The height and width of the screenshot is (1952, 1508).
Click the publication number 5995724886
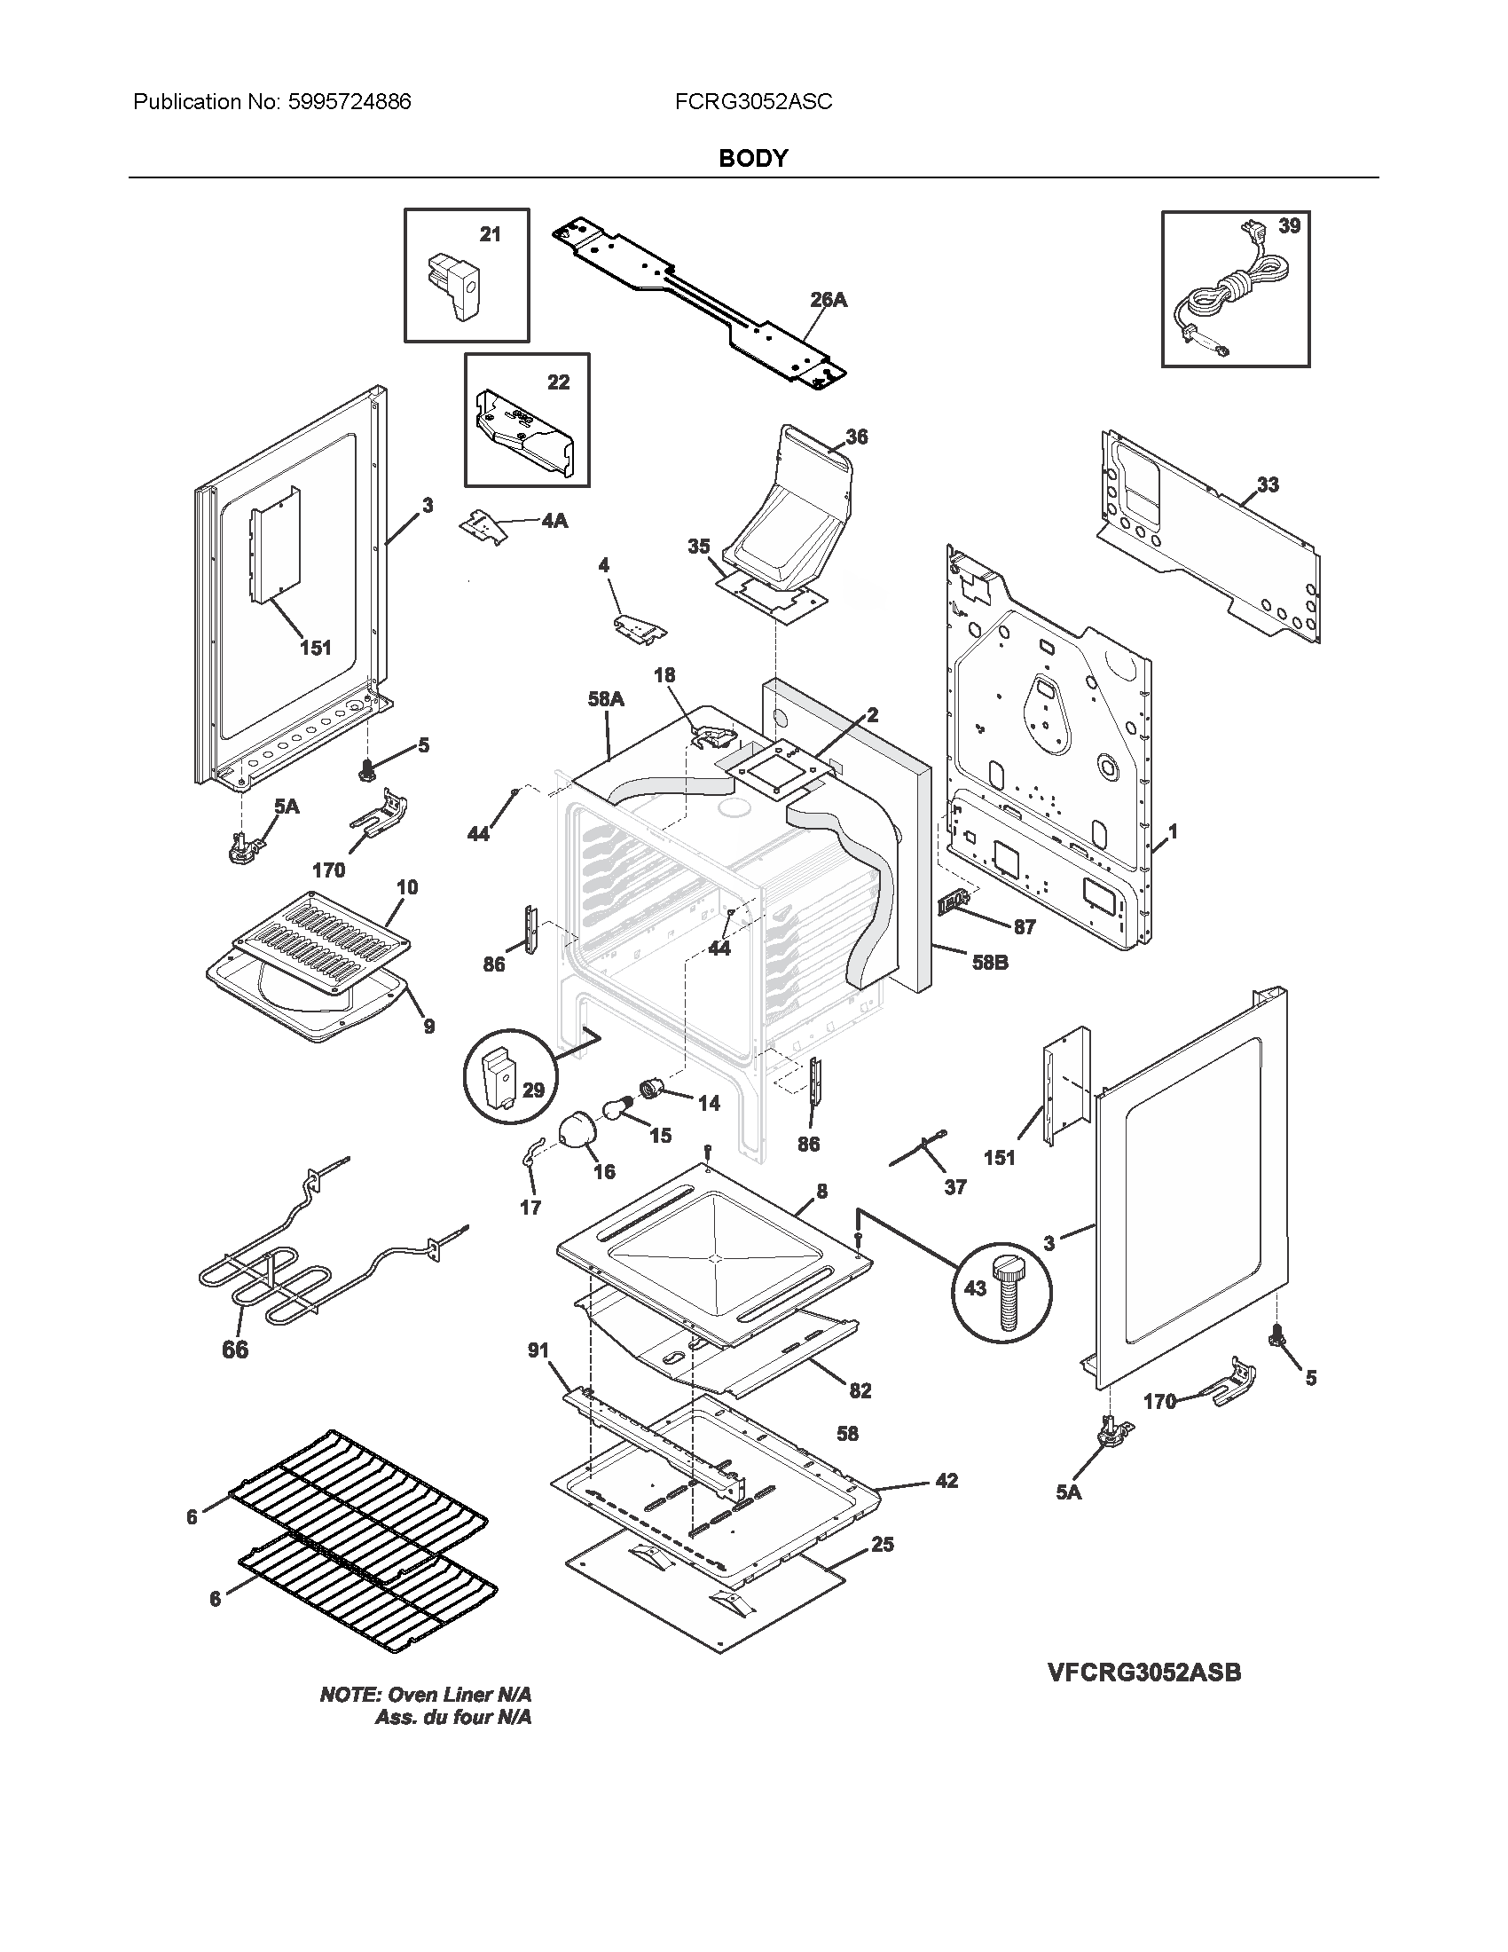pos(349,102)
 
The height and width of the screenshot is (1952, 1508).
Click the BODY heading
pos(753,158)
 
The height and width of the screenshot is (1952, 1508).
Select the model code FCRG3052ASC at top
pos(753,102)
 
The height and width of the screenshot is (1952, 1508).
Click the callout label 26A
pos(829,300)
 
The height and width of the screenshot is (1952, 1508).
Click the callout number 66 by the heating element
pos(235,1350)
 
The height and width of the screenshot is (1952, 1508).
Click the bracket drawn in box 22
pos(525,431)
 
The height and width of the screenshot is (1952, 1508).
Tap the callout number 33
pos(1268,484)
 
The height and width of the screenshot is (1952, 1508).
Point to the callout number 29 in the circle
pos(532,1090)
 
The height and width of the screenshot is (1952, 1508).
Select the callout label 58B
pos(990,963)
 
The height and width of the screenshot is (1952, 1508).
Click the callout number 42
pos(946,1481)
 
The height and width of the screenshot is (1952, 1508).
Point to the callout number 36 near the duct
pos(856,437)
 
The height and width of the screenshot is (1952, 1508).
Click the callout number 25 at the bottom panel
pos(882,1545)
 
